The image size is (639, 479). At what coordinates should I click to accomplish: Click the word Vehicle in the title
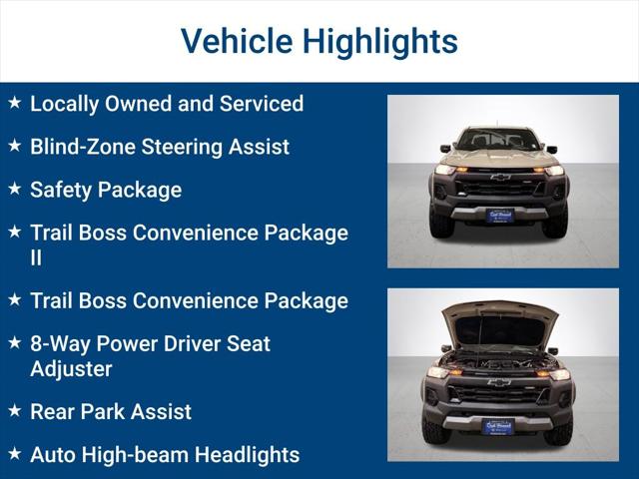(x=236, y=41)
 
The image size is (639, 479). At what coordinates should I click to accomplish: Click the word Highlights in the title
(x=380, y=41)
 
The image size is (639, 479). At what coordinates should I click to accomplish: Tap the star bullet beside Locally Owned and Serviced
(x=14, y=103)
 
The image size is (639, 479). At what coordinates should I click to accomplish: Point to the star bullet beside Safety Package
(x=14, y=189)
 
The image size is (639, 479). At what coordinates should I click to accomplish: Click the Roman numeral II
(x=38, y=257)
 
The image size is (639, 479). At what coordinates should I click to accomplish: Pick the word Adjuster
(x=71, y=368)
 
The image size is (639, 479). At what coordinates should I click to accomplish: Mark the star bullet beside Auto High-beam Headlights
(x=14, y=454)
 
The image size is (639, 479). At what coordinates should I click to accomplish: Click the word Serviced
(x=261, y=103)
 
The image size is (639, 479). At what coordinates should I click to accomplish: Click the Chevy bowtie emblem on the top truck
(x=499, y=178)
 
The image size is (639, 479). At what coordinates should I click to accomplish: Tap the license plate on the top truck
(x=499, y=215)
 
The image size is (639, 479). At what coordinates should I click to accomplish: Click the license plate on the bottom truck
(x=498, y=426)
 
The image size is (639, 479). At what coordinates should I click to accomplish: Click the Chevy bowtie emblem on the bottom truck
(x=498, y=382)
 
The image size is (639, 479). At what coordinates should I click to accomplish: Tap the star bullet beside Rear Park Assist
(x=14, y=411)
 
